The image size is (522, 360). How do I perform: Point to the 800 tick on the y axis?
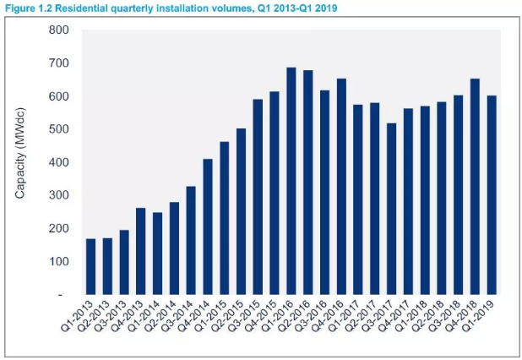coord(58,30)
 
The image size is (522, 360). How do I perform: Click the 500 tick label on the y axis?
coord(58,129)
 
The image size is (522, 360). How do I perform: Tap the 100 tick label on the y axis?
coord(58,261)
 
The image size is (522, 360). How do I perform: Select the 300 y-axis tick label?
coord(58,195)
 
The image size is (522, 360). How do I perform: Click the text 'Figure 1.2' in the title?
coord(25,7)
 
